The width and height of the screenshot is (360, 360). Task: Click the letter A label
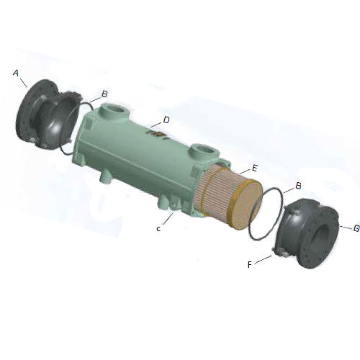pyautogui.click(x=16, y=73)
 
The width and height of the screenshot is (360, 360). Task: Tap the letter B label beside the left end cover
pyautogui.click(x=104, y=94)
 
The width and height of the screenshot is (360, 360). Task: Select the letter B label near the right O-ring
pyautogui.click(x=298, y=186)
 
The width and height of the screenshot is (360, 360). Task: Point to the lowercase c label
pyautogui.click(x=158, y=229)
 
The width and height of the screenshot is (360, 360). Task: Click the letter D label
pyautogui.click(x=166, y=120)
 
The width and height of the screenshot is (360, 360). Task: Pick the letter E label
pyautogui.click(x=255, y=168)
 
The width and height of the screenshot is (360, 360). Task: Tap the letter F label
pyautogui.click(x=250, y=265)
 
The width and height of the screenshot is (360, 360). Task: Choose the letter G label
pyautogui.click(x=357, y=228)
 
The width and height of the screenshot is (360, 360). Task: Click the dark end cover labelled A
pyautogui.click(x=48, y=114)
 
